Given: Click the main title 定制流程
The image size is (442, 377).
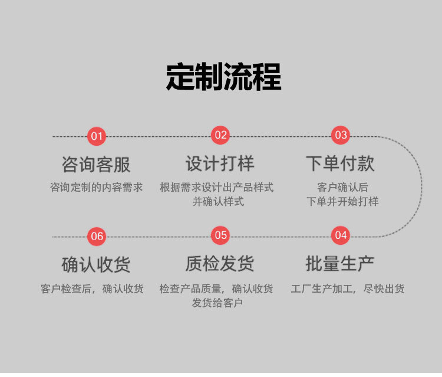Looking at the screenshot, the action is (x=223, y=77).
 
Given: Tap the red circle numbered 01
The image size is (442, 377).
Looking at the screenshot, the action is (x=97, y=136).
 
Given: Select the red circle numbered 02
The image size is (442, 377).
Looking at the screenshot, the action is (x=220, y=135).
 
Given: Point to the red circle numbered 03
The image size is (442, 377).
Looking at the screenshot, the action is (x=341, y=135).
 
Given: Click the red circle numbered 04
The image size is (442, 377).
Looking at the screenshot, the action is (x=341, y=235).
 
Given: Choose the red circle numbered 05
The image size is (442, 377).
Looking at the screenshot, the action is (x=220, y=235).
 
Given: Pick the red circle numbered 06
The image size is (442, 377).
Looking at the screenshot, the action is (x=97, y=237).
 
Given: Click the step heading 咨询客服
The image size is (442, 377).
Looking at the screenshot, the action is (x=96, y=163).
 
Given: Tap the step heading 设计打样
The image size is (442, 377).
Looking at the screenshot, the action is (x=220, y=163).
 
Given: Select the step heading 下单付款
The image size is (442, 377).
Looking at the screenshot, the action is (x=340, y=163).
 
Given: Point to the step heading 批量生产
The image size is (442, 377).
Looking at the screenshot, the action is (x=340, y=264).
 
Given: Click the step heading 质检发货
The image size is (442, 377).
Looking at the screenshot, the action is (x=220, y=264).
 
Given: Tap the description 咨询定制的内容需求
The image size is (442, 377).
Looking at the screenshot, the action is (x=97, y=188).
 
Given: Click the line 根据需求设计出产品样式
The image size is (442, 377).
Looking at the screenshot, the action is (x=217, y=188).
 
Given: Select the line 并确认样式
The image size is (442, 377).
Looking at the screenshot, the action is (x=218, y=202).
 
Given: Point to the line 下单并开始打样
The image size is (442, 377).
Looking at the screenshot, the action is (x=342, y=202).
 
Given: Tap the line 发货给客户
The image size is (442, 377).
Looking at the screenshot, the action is (x=217, y=303).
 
